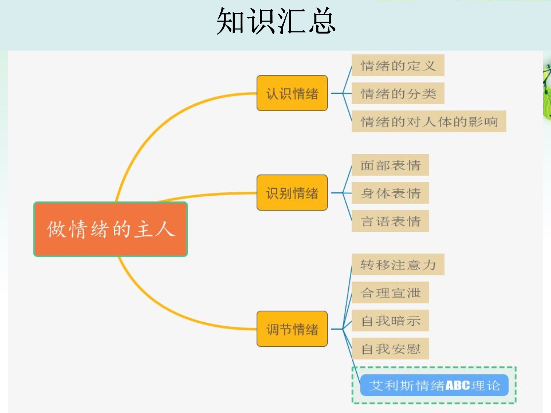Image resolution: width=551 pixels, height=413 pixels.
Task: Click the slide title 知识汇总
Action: pyautogui.click(x=276, y=21)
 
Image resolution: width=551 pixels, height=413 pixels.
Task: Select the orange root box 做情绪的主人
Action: pyautogui.click(x=111, y=229)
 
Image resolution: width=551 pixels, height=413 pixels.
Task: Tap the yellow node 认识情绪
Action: pyautogui.click(x=292, y=93)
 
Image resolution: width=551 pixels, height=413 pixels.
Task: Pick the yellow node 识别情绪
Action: pyautogui.click(x=292, y=193)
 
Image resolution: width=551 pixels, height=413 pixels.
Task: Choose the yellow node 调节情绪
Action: pyautogui.click(x=292, y=329)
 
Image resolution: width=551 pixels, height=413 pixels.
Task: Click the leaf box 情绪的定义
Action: pyautogui.click(x=398, y=66)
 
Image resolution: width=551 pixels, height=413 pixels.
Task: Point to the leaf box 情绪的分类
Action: pyautogui.click(x=398, y=94)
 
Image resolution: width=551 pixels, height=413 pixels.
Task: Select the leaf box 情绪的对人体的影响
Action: pyautogui.click(x=429, y=122)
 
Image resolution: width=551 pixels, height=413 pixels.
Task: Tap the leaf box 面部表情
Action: pyautogui.click(x=390, y=165)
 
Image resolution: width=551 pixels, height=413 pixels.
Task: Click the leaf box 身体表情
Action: pyautogui.click(x=390, y=193)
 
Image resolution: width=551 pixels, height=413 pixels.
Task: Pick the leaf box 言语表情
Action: pyautogui.click(x=390, y=221)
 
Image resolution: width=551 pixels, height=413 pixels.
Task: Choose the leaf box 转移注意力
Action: pyautogui.click(x=398, y=265)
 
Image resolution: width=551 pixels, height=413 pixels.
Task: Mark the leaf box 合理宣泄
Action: pyautogui.click(x=390, y=293)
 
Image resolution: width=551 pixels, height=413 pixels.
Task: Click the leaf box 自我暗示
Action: pyautogui.click(x=390, y=321)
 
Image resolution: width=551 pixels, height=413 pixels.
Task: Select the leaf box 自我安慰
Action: pyautogui.click(x=390, y=349)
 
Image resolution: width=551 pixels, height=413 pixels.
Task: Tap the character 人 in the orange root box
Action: pyautogui.click(x=165, y=229)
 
